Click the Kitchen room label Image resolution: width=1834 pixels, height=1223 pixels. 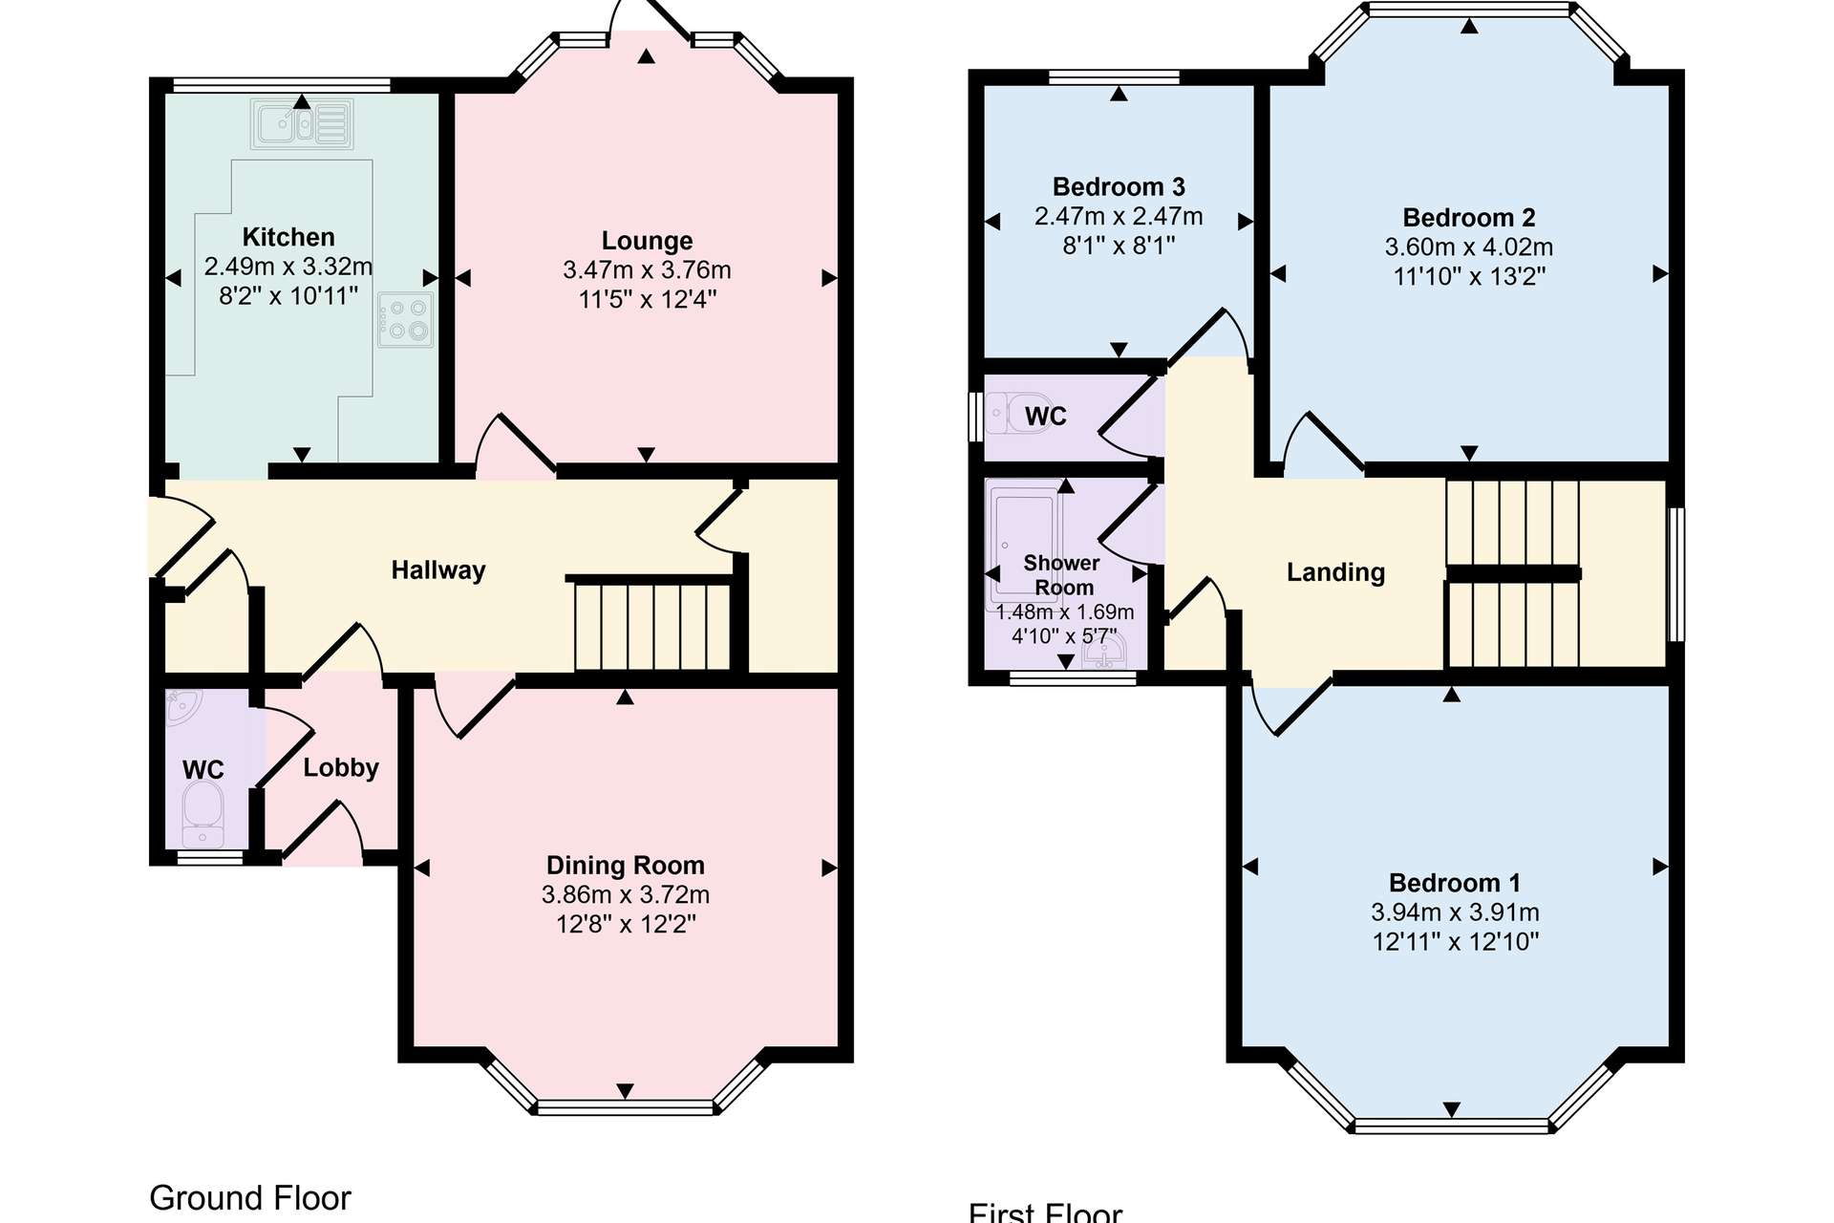288,237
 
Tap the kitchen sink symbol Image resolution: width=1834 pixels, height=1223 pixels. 302,123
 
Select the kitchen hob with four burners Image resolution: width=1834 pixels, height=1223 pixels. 406,319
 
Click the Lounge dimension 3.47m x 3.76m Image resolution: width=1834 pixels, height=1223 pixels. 647,270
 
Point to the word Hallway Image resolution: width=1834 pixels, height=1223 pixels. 438,570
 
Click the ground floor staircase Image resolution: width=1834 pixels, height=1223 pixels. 652,626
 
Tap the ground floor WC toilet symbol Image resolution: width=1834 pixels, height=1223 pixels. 203,813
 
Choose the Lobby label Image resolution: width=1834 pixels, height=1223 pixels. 341,768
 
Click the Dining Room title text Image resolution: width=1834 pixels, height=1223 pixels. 626,866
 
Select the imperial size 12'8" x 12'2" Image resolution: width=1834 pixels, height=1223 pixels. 626,924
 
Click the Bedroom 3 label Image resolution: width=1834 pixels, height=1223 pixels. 1119,186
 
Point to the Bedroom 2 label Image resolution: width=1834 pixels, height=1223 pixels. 1469,218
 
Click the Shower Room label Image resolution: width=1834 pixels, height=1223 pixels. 1062,575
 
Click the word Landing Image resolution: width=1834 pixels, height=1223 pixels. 1335,572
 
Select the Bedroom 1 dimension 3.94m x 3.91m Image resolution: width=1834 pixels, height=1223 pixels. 1455,912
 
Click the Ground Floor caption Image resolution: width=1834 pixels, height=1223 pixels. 250,1198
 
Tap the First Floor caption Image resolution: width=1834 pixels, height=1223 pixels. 1045,1212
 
